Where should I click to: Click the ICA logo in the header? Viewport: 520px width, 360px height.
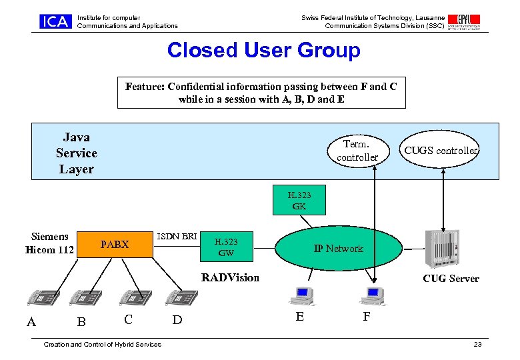[55, 21]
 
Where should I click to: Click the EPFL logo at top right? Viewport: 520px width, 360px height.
[465, 21]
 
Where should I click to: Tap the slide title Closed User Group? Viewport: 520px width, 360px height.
[263, 51]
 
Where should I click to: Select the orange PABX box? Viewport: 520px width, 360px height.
[115, 245]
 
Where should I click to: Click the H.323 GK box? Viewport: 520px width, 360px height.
[299, 201]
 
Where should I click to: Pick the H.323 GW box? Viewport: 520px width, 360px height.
[226, 247]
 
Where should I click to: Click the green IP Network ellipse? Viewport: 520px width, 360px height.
[338, 249]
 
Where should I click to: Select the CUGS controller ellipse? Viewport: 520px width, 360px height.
[441, 151]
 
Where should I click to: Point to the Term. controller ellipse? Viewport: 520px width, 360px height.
[357, 151]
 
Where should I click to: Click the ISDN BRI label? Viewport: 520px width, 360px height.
[176, 236]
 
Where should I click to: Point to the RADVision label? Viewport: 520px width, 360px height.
[230, 277]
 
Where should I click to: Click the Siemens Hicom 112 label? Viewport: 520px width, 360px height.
[49, 243]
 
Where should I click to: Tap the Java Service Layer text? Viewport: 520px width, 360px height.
[76, 153]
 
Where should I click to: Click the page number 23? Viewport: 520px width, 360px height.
[477, 344]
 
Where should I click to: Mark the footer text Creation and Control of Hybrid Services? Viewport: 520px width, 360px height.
[102, 344]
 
